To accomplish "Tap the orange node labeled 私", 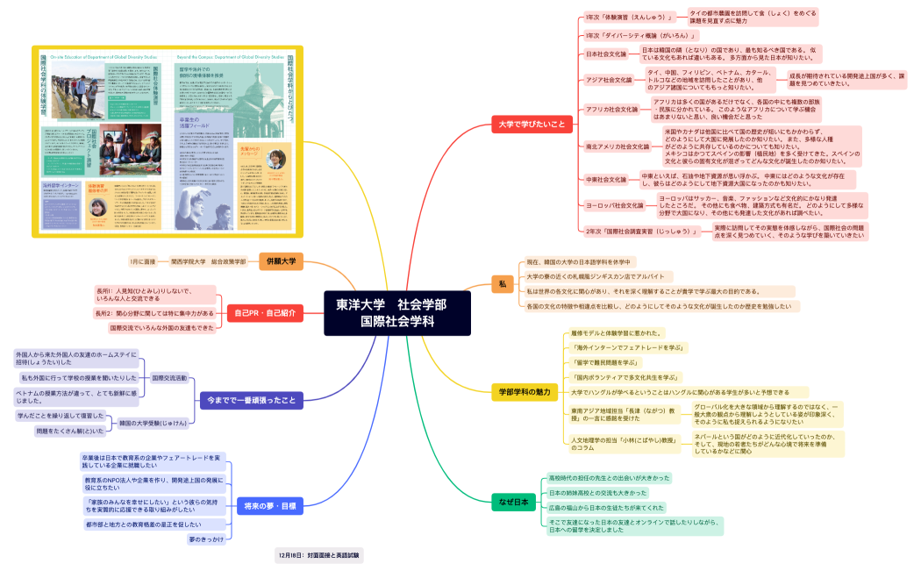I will tap(503, 283).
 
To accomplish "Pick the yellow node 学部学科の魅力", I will tap(524, 391).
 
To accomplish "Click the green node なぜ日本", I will tap(514, 503).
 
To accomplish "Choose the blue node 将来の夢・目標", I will tap(269, 506).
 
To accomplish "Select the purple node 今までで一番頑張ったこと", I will tap(251, 400).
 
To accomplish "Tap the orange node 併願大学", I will tap(281, 261).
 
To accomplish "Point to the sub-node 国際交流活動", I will tap(169, 378).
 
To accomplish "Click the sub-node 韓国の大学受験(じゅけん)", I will tap(153, 423).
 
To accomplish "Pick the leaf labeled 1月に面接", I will tap(142, 261).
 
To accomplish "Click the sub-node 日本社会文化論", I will tap(606, 54).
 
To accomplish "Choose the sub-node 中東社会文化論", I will tap(607, 180).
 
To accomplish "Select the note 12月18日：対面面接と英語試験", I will tap(318, 555).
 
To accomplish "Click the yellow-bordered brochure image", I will tap(167, 141).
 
